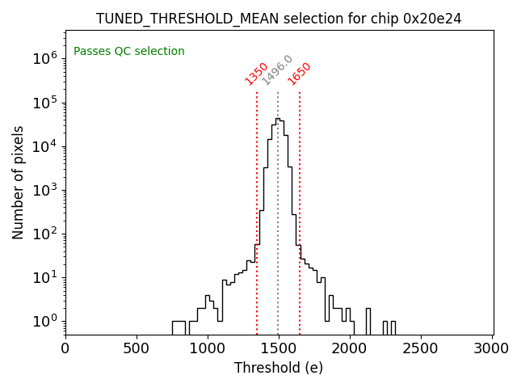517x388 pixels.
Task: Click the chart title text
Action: click(279, 19)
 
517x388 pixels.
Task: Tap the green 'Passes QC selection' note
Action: click(129, 51)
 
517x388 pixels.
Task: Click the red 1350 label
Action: click(257, 73)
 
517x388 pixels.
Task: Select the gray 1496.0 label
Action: click(277, 70)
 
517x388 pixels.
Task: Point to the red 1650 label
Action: click(300, 73)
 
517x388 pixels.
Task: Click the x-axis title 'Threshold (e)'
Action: click(279, 368)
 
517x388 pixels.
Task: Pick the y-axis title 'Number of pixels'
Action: click(19, 182)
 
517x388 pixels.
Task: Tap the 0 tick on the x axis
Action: click(65, 348)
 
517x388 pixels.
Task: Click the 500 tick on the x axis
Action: click(137, 348)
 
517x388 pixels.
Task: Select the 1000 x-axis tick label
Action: click(208, 348)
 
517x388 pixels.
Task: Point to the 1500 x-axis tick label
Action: click(279, 348)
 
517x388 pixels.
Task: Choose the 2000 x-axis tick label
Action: click(350, 348)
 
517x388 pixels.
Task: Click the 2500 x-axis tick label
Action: click(421, 348)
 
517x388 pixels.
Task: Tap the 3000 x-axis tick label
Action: click(492, 348)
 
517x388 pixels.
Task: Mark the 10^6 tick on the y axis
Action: click(44, 58)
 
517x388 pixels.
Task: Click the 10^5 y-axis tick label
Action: click(44, 102)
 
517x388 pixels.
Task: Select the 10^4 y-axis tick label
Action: click(44, 146)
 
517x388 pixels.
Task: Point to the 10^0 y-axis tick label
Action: click(44, 322)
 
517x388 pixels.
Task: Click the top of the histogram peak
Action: click(277, 119)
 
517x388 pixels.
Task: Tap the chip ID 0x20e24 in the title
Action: click(432, 19)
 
